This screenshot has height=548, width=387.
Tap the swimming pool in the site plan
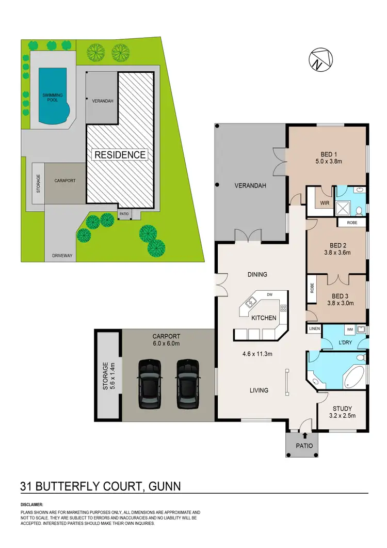coord(53,97)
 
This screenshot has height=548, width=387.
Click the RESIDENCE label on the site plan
coord(120,154)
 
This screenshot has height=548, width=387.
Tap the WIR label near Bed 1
coord(324,203)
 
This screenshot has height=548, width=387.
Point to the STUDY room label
coord(342,408)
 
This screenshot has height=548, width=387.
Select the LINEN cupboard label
coord(314,328)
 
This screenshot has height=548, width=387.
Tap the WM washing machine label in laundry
coord(349,328)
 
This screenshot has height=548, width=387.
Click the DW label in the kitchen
coord(269,295)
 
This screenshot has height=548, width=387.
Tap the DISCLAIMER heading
coord(32,504)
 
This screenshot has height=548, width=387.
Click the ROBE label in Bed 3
coord(312,288)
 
